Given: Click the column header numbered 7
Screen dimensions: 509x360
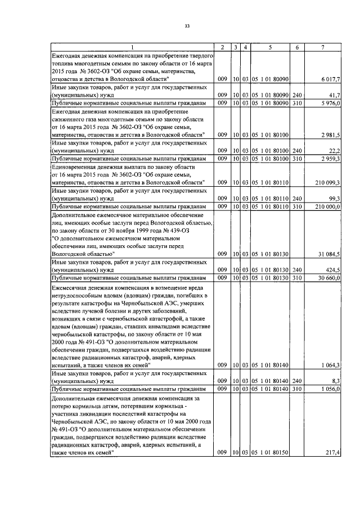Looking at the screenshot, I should point(322,47).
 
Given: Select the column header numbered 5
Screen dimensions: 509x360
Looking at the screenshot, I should point(270,47).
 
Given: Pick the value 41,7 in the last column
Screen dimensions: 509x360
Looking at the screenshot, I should point(335,96).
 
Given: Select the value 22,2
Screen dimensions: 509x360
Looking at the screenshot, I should point(335,151).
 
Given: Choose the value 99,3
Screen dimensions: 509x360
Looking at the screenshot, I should point(335,199).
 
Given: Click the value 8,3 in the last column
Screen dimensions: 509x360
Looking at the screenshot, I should point(336,381).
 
